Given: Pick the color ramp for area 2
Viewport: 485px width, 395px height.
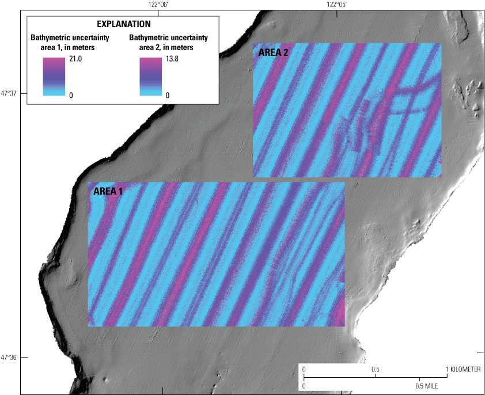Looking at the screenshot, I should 152,76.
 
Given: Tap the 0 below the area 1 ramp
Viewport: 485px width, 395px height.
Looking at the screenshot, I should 71,94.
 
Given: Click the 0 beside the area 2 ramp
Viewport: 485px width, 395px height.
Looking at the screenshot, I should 168,94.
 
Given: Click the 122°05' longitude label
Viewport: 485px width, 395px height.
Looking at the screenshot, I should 336,5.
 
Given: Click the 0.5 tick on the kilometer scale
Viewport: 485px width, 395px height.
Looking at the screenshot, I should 376,369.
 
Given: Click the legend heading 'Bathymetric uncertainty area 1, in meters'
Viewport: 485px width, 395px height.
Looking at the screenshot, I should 62,43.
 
